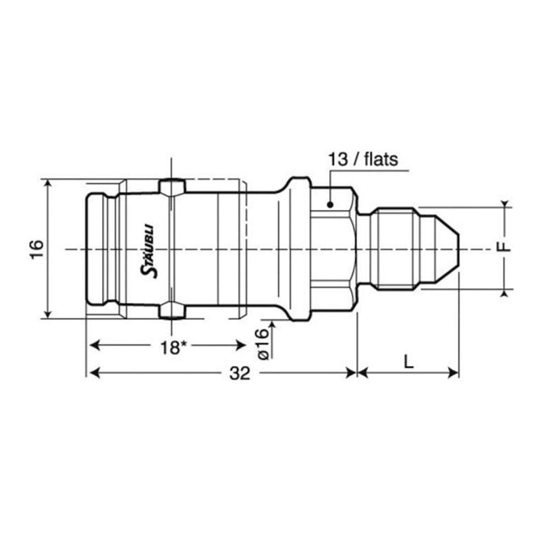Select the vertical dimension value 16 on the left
(37, 248)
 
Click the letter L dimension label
(408, 362)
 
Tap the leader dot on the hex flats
(330, 203)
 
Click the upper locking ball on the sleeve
(172, 186)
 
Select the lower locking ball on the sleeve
(172, 311)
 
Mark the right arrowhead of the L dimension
(454, 373)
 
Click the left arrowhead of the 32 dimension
(92, 373)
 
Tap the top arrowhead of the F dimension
(504, 205)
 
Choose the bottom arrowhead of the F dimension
(504, 292)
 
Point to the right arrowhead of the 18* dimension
(241, 346)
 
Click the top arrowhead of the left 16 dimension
(47, 184)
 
